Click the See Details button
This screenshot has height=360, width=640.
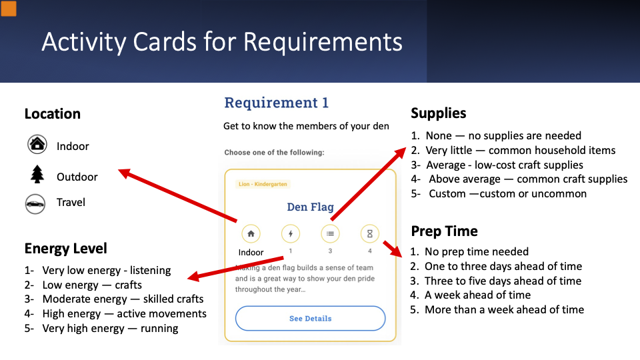point(310,319)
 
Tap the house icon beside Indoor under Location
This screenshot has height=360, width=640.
point(37,144)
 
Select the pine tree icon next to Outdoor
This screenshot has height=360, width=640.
point(37,174)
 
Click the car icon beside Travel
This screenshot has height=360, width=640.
point(35,204)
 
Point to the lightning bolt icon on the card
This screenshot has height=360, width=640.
point(291,234)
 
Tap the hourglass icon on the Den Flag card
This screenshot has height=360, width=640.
point(370,234)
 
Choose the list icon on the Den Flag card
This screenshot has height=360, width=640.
point(330,234)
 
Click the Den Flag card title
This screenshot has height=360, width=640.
point(310,207)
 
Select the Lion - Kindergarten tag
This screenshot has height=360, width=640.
point(263,184)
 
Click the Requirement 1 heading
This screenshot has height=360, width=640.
point(276,103)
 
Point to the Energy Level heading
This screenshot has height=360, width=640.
point(66,248)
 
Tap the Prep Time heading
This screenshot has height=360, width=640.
point(444,231)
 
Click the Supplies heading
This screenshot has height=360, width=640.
point(439,113)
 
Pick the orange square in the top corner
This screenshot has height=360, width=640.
point(9,9)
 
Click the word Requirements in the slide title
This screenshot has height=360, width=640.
point(323,41)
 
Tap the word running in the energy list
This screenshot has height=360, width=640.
point(159,328)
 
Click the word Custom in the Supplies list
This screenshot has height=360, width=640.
point(447,193)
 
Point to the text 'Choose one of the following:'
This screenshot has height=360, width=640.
point(274,152)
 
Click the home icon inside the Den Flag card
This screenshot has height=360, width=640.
point(251,234)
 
